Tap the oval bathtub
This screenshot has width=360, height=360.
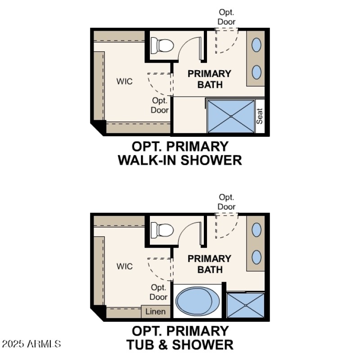click(196, 302)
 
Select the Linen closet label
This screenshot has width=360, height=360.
click(156, 311)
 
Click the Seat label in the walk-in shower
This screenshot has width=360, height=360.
click(260, 117)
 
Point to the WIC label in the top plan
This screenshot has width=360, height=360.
click(125, 81)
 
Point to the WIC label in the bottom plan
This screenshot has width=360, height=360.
click(125, 266)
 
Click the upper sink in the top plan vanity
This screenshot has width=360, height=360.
click(256, 45)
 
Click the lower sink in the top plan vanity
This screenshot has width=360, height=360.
click(256, 72)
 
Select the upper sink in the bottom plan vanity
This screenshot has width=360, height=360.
click(256, 230)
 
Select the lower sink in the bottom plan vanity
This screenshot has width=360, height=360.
click(256, 257)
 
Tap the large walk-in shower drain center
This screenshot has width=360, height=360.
click(231, 116)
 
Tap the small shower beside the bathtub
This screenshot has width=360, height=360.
click(245, 306)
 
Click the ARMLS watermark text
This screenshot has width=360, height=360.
click(31, 344)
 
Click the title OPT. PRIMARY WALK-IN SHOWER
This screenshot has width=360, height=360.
click(180, 153)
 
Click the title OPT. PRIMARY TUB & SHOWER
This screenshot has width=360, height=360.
click(180, 338)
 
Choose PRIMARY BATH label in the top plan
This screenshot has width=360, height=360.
click(209, 79)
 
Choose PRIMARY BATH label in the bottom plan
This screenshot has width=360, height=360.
click(209, 264)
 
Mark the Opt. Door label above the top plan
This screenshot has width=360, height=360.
click(227, 17)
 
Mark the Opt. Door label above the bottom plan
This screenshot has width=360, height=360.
click(227, 202)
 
